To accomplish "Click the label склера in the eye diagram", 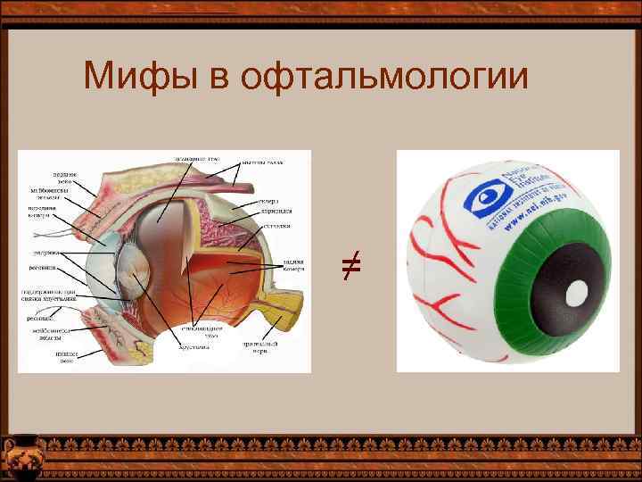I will (x=271, y=201).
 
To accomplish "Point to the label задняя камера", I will (x=295, y=265).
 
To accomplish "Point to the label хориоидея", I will (x=276, y=212).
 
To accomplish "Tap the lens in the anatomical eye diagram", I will (x=133, y=267).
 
